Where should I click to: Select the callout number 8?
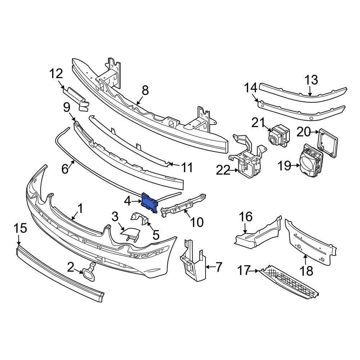click(145, 90)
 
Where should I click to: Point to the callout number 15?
click(20, 228)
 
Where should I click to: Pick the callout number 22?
click(223, 170)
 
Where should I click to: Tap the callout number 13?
click(312, 80)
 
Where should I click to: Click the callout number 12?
click(56, 74)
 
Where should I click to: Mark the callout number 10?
click(197, 222)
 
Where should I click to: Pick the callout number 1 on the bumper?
click(80, 208)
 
